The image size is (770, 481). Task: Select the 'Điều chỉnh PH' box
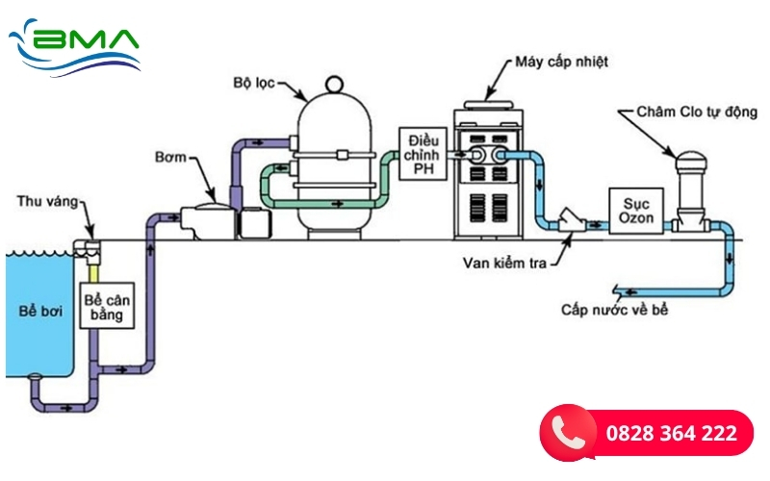[x=424, y=154]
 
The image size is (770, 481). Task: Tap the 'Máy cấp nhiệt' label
[x=559, y=62]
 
